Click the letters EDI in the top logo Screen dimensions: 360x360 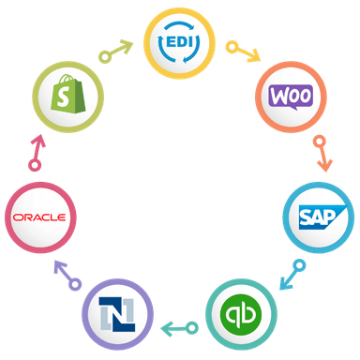[179, 43]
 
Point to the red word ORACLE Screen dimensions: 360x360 [38, 217]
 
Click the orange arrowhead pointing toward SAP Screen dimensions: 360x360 [324, 165]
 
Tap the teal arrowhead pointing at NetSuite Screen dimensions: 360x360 [163, 328]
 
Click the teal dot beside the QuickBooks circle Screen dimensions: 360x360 [194, 328]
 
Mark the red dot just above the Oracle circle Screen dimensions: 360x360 [35, 165]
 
